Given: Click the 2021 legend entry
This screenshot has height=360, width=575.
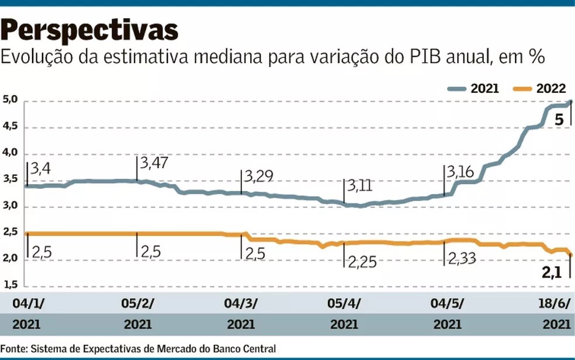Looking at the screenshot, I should [x=473, y=89].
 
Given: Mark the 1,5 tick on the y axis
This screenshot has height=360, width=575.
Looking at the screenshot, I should [x=11, y=285].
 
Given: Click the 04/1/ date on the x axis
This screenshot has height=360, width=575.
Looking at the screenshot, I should [x=27, y=303].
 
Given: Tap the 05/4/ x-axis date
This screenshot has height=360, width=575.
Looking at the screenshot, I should [x=345, y=303].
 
